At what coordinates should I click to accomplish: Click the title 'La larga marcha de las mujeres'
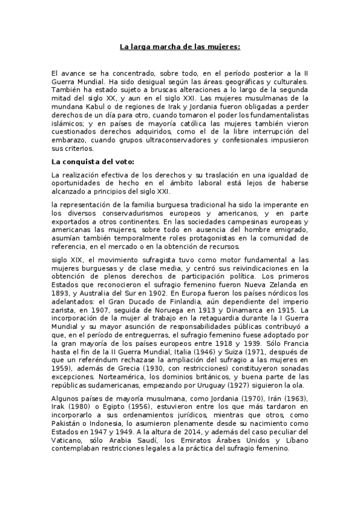click(180, 46)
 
